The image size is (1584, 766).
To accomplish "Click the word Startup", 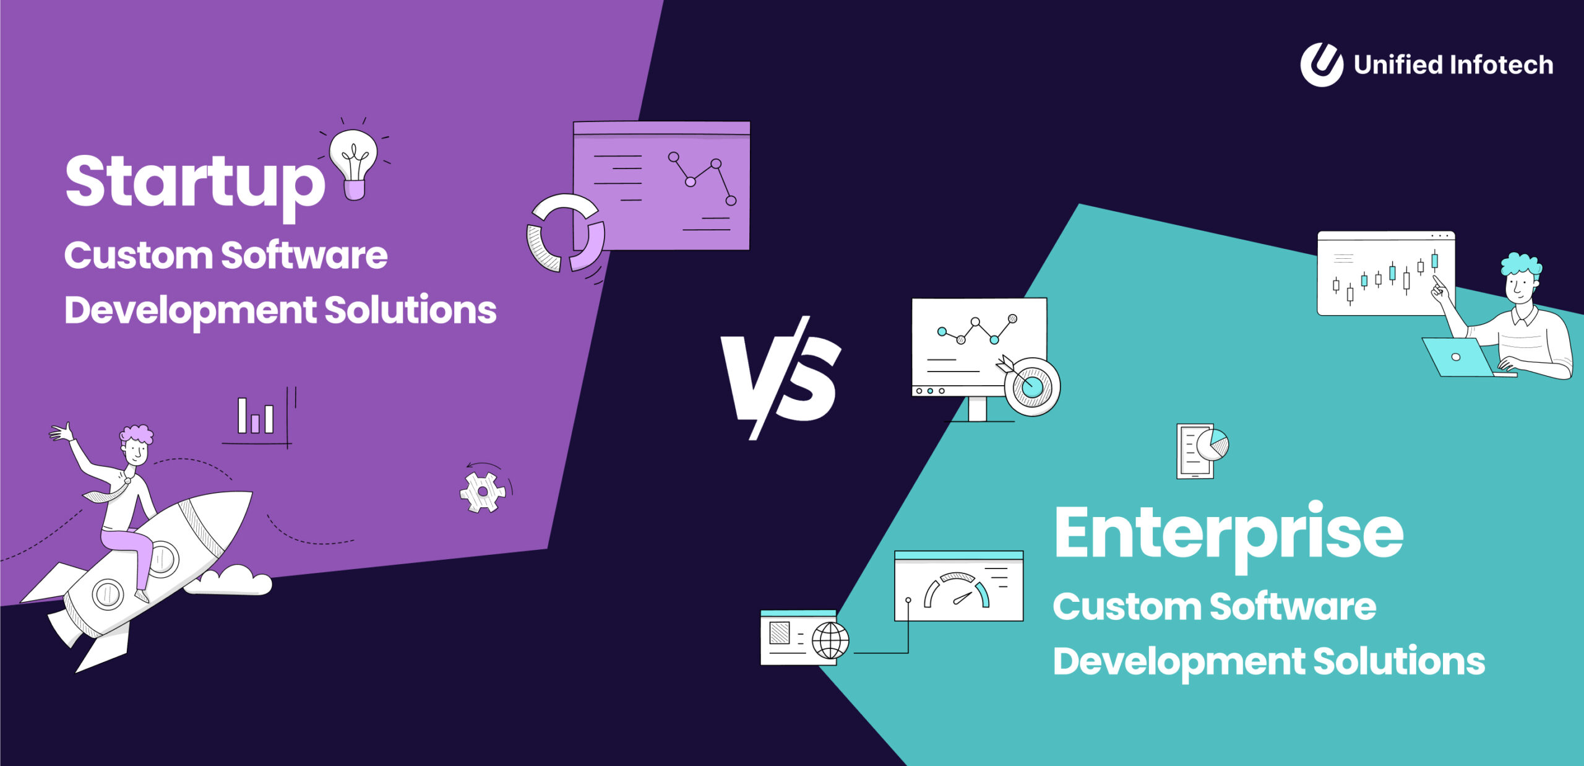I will point(194,182).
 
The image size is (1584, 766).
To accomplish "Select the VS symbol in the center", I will point(781,378).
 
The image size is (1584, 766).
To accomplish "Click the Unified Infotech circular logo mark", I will point(1321,64).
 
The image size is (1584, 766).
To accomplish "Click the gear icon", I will point(483,492).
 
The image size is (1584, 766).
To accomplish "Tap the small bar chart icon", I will point(256,416).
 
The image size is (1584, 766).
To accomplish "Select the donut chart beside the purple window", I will point(564,234).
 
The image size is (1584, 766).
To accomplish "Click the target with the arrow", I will point(1031,386).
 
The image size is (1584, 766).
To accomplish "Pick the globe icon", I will point(830,640).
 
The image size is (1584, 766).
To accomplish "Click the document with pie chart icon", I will point(1201,450).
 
